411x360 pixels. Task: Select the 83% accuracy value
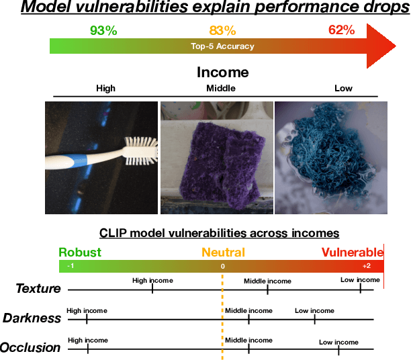click(x=222, y=30)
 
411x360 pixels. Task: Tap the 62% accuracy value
click(x=341, y=30)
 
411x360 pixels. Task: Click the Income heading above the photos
click(x=222, y=72)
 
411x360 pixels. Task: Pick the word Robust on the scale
click(x=79, y=253)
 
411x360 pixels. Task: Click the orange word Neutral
click(x=223, y=253)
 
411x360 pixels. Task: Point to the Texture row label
click(x=38, y=289)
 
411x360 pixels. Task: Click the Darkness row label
click(x=32, y=318)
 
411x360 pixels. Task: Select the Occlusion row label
click(x=30, y=347)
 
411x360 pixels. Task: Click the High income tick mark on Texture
click(x=152, y=289)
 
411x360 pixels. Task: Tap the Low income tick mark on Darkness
click(x=314, y=318)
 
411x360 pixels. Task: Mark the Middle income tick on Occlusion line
click(x=248, y=348)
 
